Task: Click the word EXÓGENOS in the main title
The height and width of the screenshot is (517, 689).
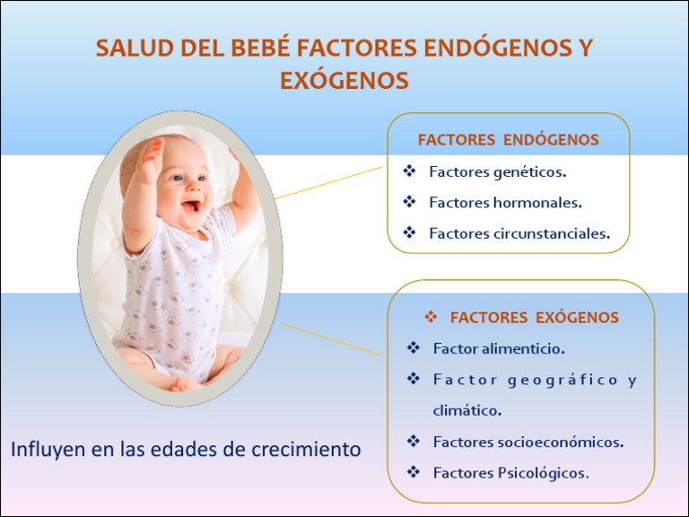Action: [x=344, y=81]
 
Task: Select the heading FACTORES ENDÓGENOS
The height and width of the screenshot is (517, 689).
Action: [x=508, y=140]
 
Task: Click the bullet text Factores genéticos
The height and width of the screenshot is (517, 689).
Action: [x=497, y=171]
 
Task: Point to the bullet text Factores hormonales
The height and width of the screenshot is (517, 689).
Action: [x=505, y=203]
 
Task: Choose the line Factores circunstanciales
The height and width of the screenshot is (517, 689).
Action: [x=519, y=234]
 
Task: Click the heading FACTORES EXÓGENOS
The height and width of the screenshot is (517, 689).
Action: [x=534, y=318]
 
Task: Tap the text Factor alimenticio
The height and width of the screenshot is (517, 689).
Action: [x=498, y=348]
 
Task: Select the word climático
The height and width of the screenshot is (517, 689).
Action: [x=467, y=410]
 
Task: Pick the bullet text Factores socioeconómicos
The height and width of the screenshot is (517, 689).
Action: [x=528, y=442]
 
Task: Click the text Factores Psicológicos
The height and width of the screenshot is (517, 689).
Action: [x=510, y=472]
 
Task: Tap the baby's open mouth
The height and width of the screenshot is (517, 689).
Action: [x=191, y=207]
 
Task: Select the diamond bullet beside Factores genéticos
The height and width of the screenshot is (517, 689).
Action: [x=410, y=171]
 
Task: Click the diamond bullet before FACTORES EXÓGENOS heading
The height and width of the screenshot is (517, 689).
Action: [x=430, y=318]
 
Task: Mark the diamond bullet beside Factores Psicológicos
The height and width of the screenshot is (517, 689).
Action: [x=414, y=471]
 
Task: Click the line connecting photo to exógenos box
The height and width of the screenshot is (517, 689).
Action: [x=332, y=341]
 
